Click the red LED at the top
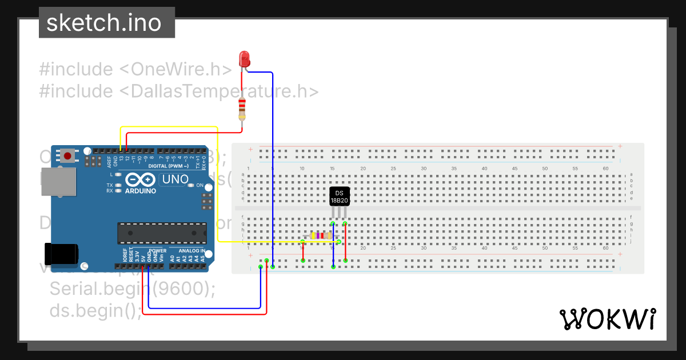pyautogui.click(x=244, y=58)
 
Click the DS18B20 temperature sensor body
pyautogui.click(x=339, y=195)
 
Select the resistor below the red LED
pyautogui.click(x=242, y=108)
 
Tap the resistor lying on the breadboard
pyautogui.click(x=320, y=235)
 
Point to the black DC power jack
pyautogui.click(x=61, y=254)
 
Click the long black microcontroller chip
pyautogui.click(x=162, y=233)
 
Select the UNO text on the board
pyautogui.click(x=176, y=179)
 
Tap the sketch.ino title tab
pyautogui.click(x=103, y=23)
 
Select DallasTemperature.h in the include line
pyautogui.click(x=218, y=91)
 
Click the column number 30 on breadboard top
pyautogui.click(x=424, y=169)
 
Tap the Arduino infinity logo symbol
pyautogui.click(x=138, y=179)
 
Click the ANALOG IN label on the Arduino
pyautogui.click(x=191, y=251)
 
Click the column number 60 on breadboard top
pyautogui.click(x=605, y=169)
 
